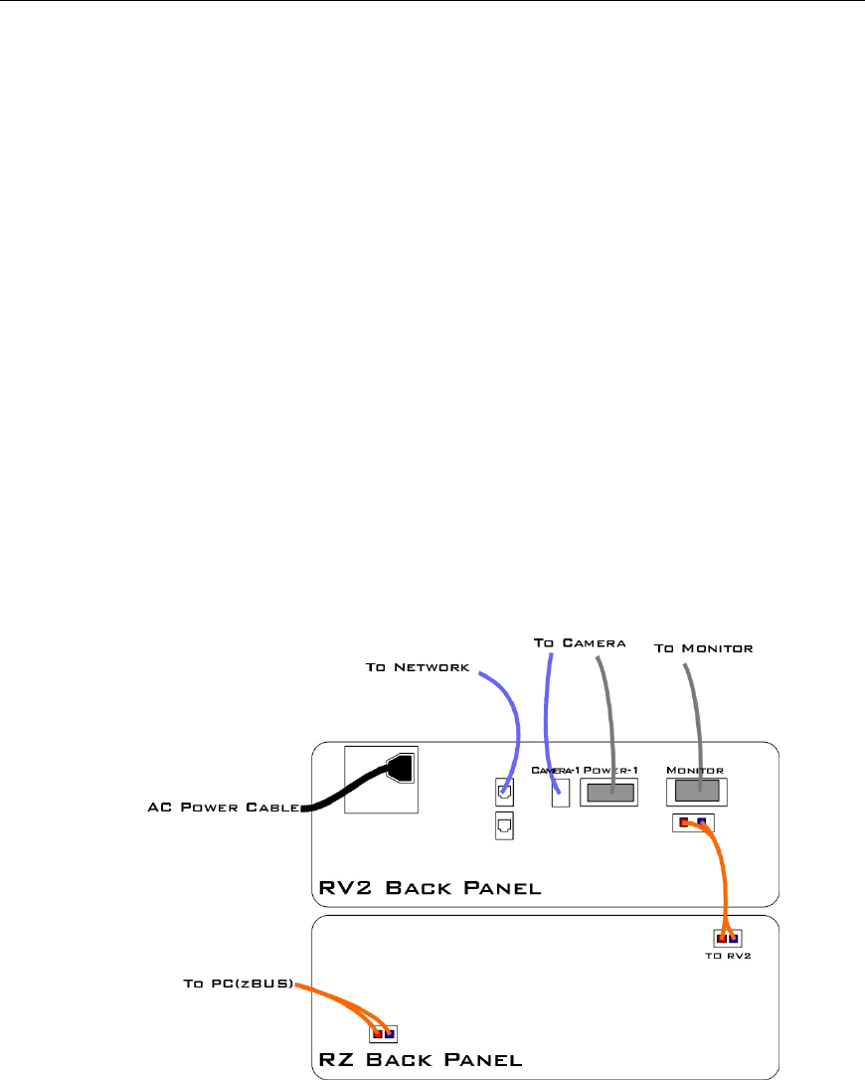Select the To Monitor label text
point(703,648)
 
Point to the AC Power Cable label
point(218,808)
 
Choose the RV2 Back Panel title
point(431,887)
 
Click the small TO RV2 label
point(728,958)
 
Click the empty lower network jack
point(504,824)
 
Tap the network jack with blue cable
point(504,793)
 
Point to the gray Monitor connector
point(698,792)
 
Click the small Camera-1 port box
point(560,795)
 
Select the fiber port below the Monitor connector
point(693,822)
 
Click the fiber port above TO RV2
point(728,938)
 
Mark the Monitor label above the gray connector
point(694,770)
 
